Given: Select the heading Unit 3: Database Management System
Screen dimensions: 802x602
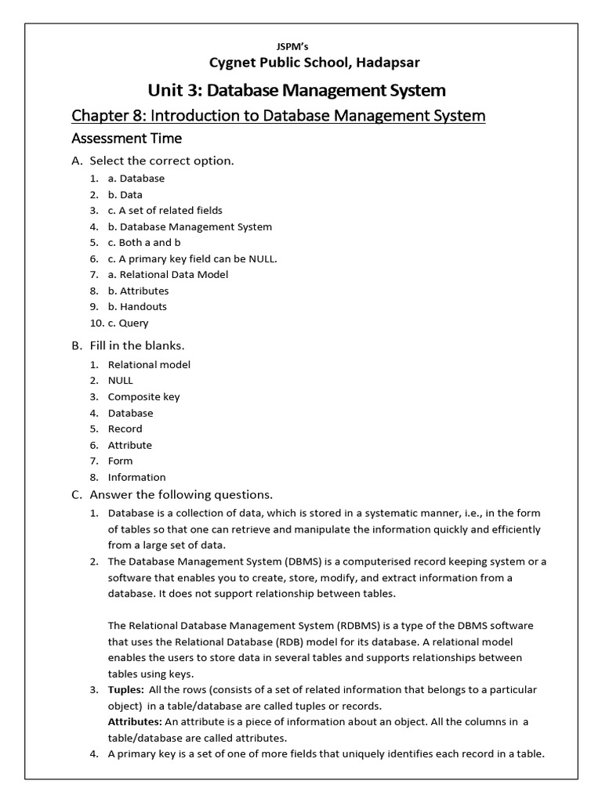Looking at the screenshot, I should [x=297, y=90].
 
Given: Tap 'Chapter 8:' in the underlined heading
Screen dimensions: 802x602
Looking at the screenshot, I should [x=108, y=116].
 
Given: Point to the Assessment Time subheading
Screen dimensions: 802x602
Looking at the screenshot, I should [x=126, y=139].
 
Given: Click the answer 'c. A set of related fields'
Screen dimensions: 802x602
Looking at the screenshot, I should [x=165, y=210].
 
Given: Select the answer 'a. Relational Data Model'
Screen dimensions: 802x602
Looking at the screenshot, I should [x=168, y=274].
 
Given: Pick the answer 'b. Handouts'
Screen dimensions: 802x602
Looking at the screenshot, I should [x=137, y=306].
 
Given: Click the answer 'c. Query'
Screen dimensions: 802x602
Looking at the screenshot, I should [x=128, y=323].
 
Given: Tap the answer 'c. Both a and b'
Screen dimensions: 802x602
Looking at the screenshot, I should [x=144, y=242].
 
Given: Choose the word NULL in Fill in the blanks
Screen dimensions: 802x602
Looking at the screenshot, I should [x=121, y=380].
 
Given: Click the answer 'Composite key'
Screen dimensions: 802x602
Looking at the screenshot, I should [x=143, y=396].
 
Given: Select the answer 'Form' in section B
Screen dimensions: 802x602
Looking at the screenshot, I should [x=120, y=461].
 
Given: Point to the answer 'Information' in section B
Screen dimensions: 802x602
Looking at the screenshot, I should [x=136, y=477].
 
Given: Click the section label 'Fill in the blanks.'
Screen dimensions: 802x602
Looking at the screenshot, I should [x=137, y=345].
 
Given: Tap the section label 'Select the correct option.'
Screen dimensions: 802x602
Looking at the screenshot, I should [x=162, y=161].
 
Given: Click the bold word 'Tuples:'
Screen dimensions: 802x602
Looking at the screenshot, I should [x=125, y=689].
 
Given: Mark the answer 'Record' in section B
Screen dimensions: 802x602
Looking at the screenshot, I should [x=125, y=428].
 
